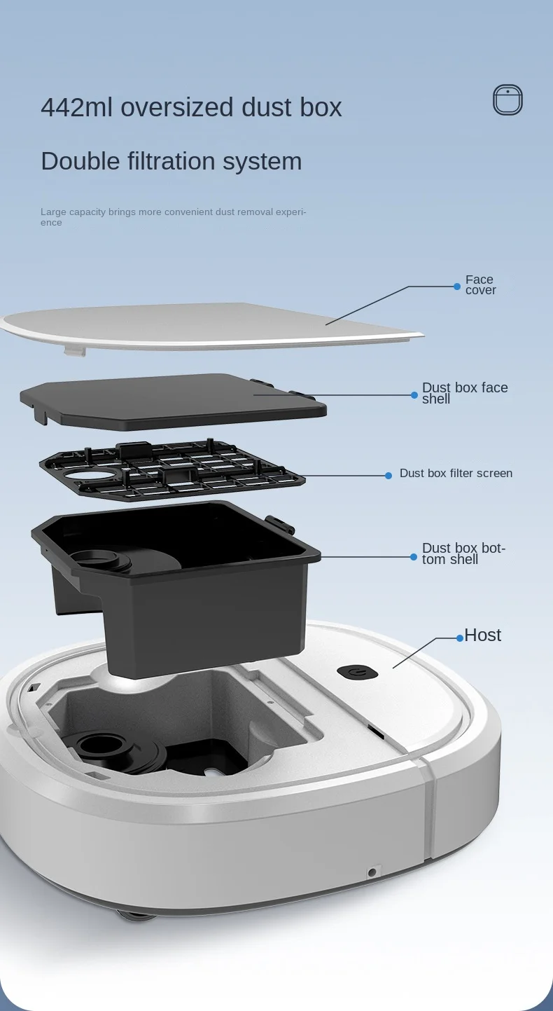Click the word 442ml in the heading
[77, 107]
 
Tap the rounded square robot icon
[507, 99]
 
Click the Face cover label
[480, 284]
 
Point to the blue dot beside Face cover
[457, 287]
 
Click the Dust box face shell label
[465, 393]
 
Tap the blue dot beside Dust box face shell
[414, 395]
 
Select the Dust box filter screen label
[456, 473]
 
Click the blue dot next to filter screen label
[388, 476]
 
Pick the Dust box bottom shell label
[463, 553]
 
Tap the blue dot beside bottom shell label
[414, 557]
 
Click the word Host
[482, 635]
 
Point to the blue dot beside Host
[460, 638]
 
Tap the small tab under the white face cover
[74, 351]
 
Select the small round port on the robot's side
[372, 872]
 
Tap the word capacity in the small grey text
[88, 212]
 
